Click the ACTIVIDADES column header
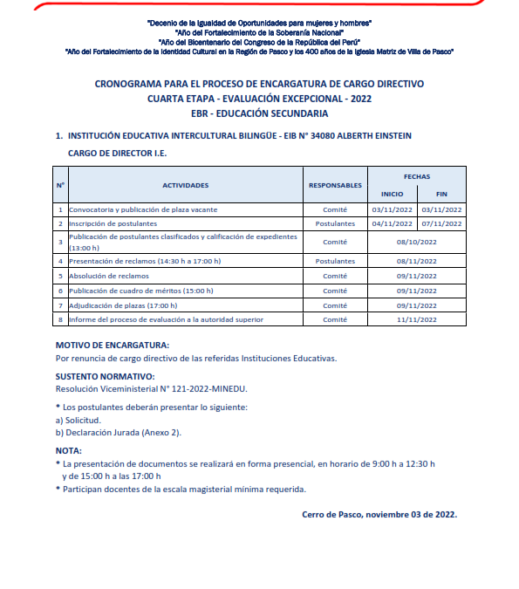(185, 185)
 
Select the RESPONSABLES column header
(335, 185)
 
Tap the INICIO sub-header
(392, 194)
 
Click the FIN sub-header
(441, 194)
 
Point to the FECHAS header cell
(416, 176)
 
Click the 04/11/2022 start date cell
(392, 223)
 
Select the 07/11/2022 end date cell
(441, 223)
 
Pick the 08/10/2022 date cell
(416, 242)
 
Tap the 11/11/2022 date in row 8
(416, 319)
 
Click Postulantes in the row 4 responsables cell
(335, 261)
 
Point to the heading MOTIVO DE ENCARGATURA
(113, 345)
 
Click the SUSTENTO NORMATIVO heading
(106, 376)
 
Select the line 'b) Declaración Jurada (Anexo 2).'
(118, 432)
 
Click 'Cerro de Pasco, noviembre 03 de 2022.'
(379, 514)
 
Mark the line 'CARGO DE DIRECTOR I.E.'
(117, 153)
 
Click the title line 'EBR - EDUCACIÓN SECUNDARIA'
(259, 113)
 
